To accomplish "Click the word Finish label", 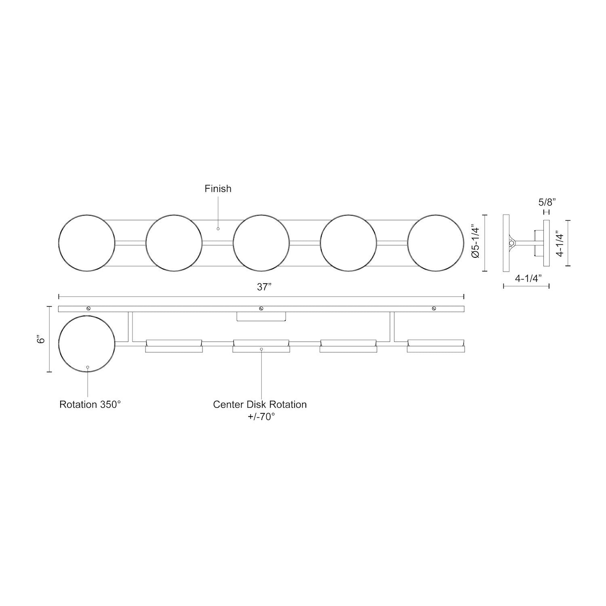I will [218, 189].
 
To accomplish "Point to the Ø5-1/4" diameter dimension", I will [475, 243].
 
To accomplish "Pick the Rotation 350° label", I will [90, 404].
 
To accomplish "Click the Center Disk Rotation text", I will [260, 404].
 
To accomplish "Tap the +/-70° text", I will [261, 417].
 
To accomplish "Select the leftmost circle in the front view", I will [87, 243].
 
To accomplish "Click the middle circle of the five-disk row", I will [261, 243].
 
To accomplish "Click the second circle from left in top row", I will [174, 243].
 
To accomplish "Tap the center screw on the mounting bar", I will [261, 309].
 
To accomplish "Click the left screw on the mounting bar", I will [88, 309].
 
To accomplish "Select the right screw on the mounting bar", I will [434, 309].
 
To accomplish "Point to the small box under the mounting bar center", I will [261, 316].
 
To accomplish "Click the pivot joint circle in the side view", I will [512, 243].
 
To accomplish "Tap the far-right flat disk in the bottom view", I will [436, 346].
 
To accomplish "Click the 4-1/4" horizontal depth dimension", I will [528, 278].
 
